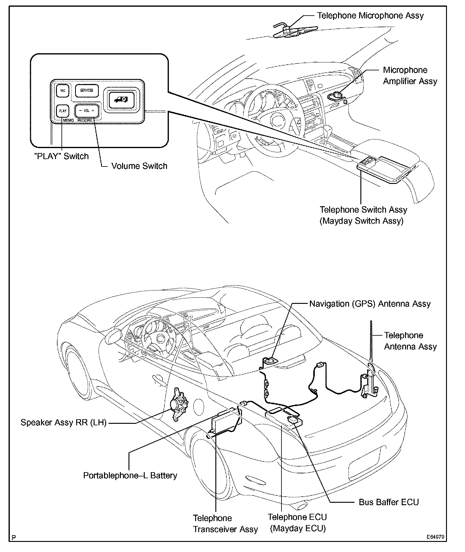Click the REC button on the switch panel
(62, 91)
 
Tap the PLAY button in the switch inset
(62, 111)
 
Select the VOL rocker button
(87, 111)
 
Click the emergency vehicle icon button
(121, 100)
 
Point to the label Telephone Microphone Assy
(370, 16)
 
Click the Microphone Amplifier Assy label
(410, 76)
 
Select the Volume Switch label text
(139, 166)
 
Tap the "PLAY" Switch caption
(61, 156)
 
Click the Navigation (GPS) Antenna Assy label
(370, 304)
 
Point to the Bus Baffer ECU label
(389, 502)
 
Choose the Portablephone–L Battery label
(130, 476)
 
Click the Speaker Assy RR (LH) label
(63, 423)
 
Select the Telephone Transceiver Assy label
(225, 524)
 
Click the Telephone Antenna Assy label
(410, 341)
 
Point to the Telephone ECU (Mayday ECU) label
(297, 523)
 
